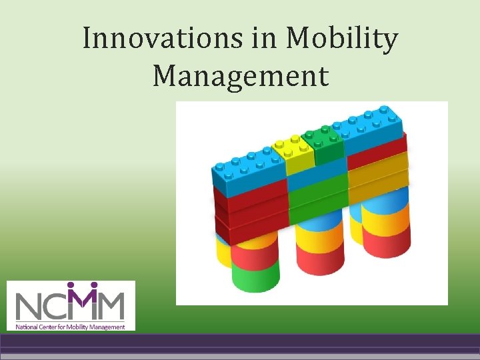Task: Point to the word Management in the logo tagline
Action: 107,327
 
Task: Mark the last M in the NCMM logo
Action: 110,307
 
